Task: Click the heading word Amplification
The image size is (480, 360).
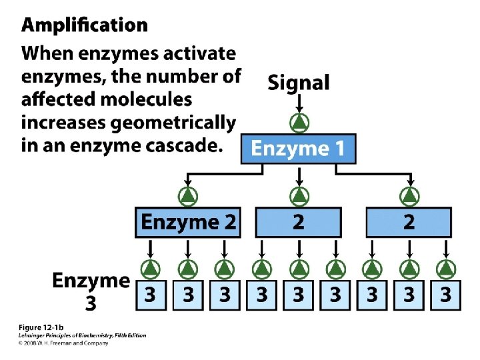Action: pos(85,26)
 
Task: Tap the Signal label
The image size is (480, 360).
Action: pos(299,83)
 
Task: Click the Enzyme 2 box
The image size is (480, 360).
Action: pos(189,222)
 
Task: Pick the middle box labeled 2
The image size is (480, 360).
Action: pos(299,222)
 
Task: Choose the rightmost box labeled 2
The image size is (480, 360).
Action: pos(409,222)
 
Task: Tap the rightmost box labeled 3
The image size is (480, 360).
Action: pos(445,294)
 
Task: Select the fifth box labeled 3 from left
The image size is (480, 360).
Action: pos(299,294)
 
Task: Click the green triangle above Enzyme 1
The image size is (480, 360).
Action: pos(299,123)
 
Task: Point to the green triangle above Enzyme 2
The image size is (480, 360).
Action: pos(189,196)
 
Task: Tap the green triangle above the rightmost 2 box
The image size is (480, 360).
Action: pos(409,196)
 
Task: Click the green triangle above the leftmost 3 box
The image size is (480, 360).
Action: pos(152,268)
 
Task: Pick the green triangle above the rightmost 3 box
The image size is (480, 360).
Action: pos(445,268)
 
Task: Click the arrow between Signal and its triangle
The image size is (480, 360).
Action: pos(299,103)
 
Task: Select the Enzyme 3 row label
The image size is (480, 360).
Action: pos(91,291)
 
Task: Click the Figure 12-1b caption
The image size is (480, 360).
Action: pos(41,327)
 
